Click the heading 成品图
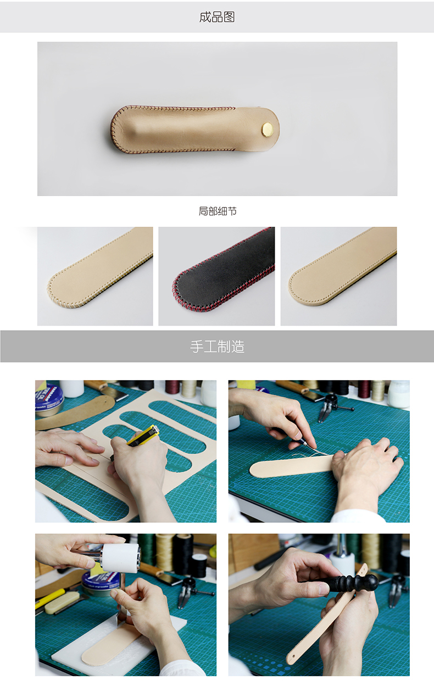216,17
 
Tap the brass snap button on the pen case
268,129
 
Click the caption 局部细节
218,211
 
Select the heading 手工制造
217,347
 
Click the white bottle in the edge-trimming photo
399,393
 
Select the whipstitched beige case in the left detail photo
99,272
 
